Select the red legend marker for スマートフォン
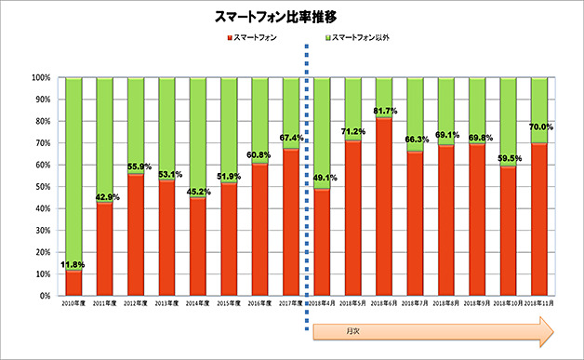(228, 39)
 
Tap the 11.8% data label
(73, 264)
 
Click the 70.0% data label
(540, 127)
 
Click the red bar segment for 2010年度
(73, 283)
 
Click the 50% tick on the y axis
(42, 187)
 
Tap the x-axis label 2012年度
(136, 304)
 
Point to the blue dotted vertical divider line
(306, 186)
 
